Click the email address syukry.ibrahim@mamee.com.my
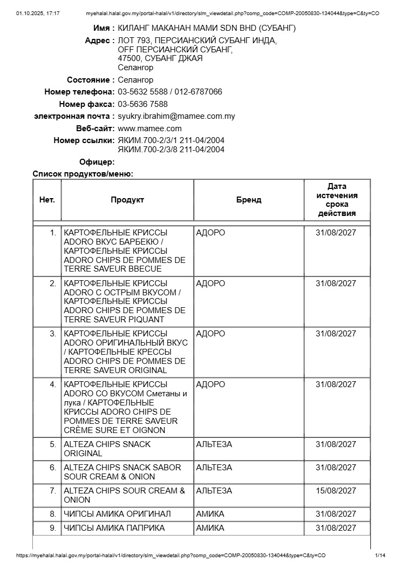(176, 116)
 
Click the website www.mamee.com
(149, 129)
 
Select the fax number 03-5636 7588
(142, 104)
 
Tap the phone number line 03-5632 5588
(142, 92)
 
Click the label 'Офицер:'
(97, 162)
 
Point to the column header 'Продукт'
(127, 200)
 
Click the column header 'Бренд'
(249, 200)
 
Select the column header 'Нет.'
(47, 200)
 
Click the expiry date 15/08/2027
(336, 491)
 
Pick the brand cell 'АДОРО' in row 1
(210, 233)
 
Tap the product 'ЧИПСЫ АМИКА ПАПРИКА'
(114, 528)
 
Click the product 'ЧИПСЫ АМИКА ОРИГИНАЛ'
(117, 514)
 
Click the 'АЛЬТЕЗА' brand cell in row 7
(214, 491)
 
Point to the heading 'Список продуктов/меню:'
(83, 174)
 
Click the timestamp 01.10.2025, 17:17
(38, 13)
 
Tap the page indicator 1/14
(380, 556)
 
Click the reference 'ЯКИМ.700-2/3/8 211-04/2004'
(171, 150)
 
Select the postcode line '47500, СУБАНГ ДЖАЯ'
(160, 58)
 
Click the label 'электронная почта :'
(74, 116)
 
